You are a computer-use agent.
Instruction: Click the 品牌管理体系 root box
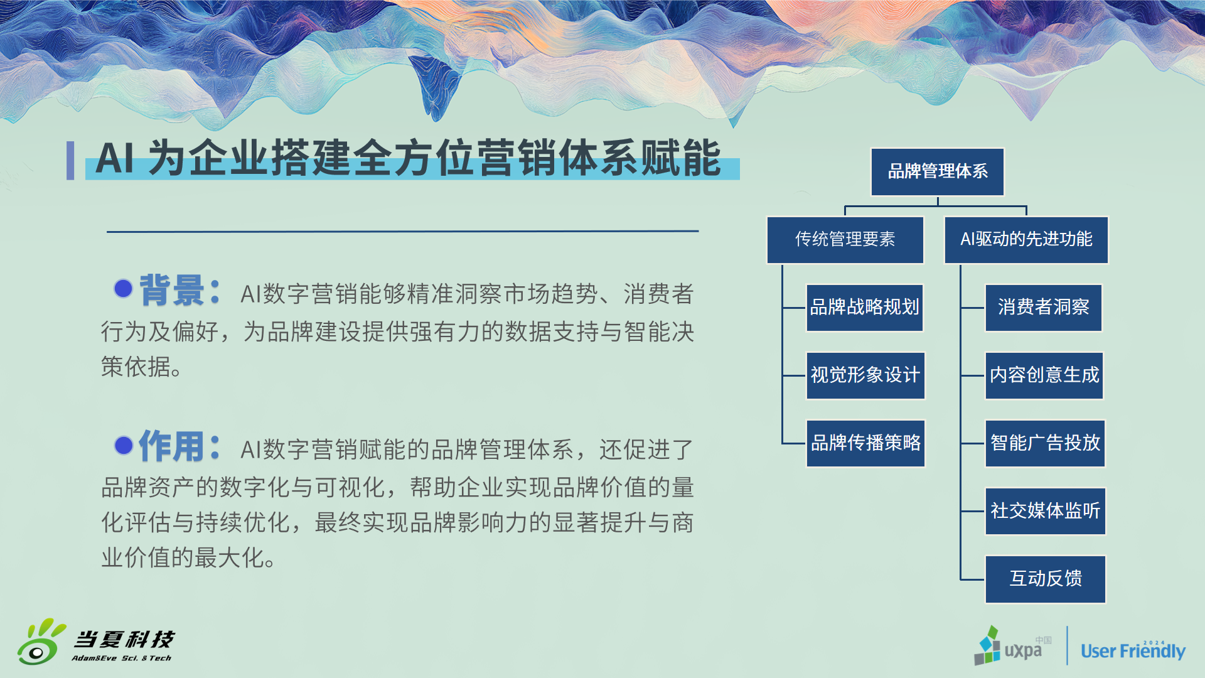938,171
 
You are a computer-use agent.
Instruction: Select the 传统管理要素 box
845,239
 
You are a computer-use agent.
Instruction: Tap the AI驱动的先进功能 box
1026,239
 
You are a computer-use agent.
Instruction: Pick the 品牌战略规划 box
864,307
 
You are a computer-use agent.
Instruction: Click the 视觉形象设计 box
865,375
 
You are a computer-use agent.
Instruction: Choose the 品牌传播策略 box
865,443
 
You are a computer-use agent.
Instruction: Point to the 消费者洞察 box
1043,307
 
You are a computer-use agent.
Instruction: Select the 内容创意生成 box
1044,375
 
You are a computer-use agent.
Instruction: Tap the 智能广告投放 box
1045,443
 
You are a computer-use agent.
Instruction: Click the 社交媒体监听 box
1045,510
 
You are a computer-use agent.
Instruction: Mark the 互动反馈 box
1045,579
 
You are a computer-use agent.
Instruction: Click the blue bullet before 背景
123,288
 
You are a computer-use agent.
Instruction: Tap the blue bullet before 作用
124,445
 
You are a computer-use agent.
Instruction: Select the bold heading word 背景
171,290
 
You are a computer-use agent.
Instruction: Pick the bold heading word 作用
171,446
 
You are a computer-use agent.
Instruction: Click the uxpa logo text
1023,650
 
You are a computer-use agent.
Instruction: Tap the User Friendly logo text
1133,650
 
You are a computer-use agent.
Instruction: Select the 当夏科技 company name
124,639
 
